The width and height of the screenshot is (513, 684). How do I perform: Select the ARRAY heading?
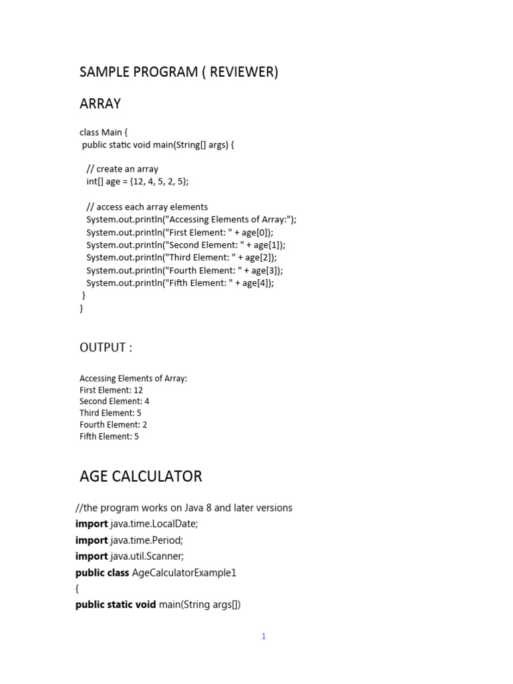point(100,104)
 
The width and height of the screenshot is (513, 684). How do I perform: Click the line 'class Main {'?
point(104,132)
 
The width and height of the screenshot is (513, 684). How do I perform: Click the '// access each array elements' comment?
point(147,207)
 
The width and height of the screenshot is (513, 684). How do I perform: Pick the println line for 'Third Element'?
point(181,258)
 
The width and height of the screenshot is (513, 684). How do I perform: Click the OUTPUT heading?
point(106,347)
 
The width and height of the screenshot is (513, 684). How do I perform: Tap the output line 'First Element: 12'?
point(111,390)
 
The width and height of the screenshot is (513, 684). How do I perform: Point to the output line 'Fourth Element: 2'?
point(113,425)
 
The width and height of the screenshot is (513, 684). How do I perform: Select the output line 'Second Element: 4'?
point(114,401)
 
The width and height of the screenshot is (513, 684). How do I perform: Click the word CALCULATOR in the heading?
point(161,476)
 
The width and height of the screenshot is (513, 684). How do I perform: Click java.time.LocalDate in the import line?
point(154,524)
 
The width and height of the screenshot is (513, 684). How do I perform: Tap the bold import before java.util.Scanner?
point(92,556)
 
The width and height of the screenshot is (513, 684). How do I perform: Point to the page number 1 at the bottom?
point(264,637)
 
